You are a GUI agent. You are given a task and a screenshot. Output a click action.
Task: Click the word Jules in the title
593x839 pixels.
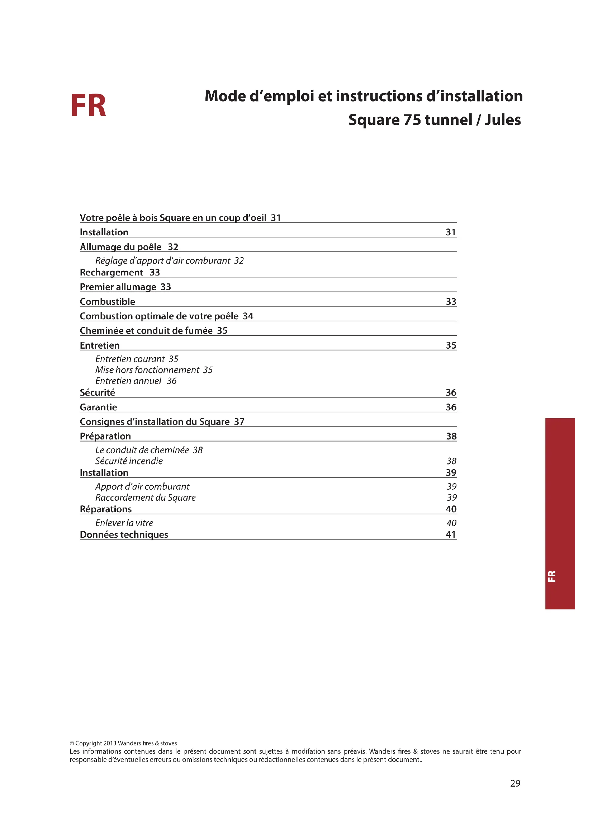[x=502, y=120]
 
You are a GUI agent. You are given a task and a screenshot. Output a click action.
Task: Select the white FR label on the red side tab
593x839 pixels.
[x=552, y=576]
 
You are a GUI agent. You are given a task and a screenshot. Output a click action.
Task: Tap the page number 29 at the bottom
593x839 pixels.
[x=515, y=783]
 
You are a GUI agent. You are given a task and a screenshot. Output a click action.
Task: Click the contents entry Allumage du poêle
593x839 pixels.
[x=120, y=247]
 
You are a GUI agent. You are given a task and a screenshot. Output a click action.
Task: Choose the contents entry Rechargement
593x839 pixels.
[x=112, y=273]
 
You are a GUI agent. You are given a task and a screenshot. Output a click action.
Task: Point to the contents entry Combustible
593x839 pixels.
[x=107, y=302]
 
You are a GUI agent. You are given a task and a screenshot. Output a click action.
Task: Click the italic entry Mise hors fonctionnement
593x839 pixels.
[x=147, y=370]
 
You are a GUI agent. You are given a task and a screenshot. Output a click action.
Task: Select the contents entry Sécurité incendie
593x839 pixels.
[x=129, y=461]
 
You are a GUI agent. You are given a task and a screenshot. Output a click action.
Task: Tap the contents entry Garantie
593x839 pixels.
[x=99, y=407]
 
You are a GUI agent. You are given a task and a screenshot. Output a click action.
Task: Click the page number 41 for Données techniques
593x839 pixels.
[x=451, y=534]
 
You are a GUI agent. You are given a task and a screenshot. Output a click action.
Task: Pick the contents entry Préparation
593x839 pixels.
[x=105, y=436]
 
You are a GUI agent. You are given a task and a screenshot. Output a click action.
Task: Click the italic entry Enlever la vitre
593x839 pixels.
[x=124, y=523]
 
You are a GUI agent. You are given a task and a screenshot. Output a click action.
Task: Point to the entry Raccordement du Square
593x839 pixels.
[x=145, y=498]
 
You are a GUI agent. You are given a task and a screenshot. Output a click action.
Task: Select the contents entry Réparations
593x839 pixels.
[x=106, y=509]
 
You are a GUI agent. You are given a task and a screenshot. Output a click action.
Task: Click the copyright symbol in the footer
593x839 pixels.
[x=72, y=743]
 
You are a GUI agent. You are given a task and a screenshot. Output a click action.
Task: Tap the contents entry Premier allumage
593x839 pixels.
[x=118, y=287]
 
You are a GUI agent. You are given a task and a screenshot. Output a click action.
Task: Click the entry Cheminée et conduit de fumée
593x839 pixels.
[x=146, y=331]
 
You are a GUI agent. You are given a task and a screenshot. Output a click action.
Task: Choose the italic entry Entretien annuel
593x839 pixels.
[x=128, y=381]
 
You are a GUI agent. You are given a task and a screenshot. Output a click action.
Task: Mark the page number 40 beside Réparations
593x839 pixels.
[x=451, y=509]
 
